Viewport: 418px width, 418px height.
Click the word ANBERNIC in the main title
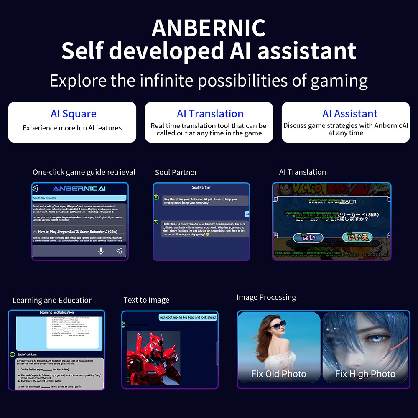[x=209, y=28]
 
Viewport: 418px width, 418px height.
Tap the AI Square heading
[x=73, y=114]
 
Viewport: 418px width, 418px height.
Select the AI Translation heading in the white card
[x=210, y=114]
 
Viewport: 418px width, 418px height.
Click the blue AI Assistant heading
[x=350, y=114]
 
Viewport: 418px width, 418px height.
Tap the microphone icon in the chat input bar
[x=101, y=251]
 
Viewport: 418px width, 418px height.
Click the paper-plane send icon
[x=119, y=251]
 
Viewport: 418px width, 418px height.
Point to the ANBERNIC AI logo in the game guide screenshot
[x=79, y=189]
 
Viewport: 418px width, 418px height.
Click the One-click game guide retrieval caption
[x=84, y=172]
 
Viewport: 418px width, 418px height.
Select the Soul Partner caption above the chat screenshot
[x=176, y=172]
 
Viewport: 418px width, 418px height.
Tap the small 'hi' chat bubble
[x=247, y=214]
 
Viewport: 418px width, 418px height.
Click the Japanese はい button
[x=308, y=237]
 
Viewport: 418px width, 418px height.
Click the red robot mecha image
[x=153, y=357]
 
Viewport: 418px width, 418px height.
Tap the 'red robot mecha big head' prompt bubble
[x=188, y=317]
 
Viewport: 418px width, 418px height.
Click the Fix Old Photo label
[x=279, y=374]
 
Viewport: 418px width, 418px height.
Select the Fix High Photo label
[x=365, y=374]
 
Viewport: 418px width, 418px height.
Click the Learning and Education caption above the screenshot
[x=53, y=300]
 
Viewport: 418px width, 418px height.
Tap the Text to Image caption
[x=146, y=300]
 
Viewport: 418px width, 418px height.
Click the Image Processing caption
[x=266, y=297]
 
